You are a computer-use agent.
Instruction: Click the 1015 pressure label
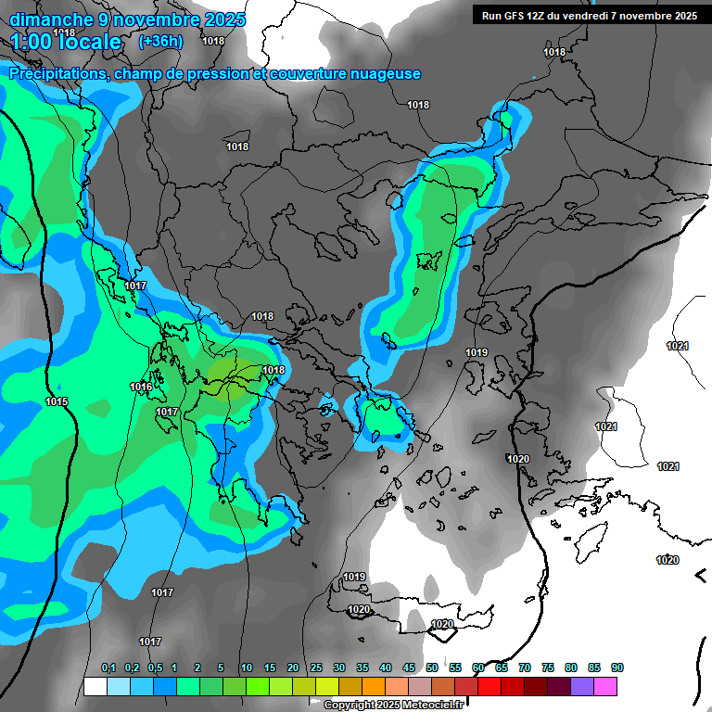pos(56,401)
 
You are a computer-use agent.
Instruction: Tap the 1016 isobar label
pos(141,388)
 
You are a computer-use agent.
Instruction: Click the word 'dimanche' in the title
pos(45,19)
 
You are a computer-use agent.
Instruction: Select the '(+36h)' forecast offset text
pos(160,42)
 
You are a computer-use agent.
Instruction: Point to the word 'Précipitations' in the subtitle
pos(57,74)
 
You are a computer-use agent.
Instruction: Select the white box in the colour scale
pos(95,687)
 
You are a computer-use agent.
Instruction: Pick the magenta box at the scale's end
pos(606,687)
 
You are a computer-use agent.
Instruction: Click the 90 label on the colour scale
pos(617,668)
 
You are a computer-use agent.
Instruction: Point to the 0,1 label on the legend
pos(108,668)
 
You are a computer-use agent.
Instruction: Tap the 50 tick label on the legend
pos(432,668)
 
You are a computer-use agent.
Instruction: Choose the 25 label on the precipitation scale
pos(316,668)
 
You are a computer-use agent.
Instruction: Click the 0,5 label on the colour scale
pos(155,668)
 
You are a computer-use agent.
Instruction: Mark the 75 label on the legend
pos(548,668)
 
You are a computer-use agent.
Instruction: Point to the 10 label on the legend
pos(247,668)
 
